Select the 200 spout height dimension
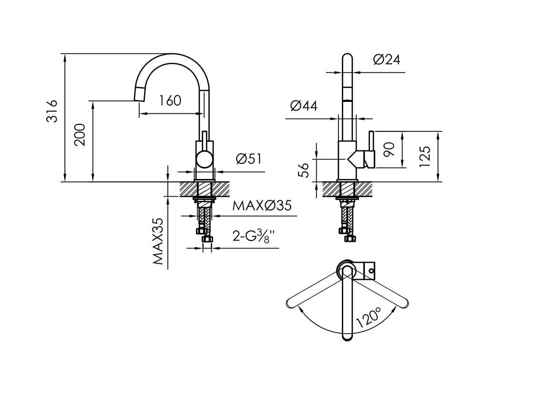click(x=80, y=134)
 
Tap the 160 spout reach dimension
click(x=170, y=101)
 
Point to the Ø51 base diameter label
click(x=249, y=159)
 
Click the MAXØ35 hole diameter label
click(x=262, y=206)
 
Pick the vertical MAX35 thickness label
click(x=158, y=241)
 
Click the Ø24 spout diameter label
click(x=387, y=60)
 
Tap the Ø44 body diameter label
click(x=304, y=106)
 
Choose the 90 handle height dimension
click(x=390, y=149)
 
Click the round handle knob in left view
click(x=205, y=159)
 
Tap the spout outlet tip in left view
click(x=139, y=95)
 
